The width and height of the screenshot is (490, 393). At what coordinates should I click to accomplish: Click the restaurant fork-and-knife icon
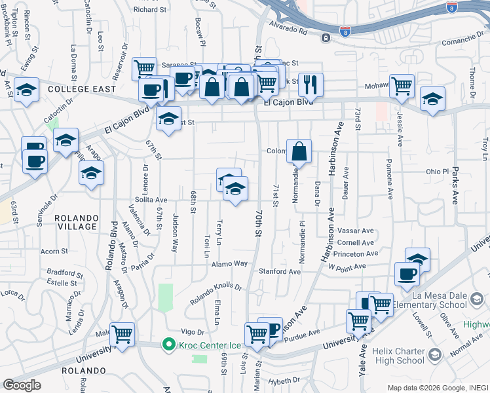pyautogui.click(x=311, y=84)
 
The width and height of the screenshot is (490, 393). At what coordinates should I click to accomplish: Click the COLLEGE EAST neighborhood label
pyautogui.click(x=82, y=89)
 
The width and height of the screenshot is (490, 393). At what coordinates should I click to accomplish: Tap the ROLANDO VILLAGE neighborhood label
pyautogui.click(x=76, y=222)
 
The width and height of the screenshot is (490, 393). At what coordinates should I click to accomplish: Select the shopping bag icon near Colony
pyautogui.click(x=299, y=151)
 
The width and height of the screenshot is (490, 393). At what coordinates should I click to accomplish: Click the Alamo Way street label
pyautogui.click(x=229, y=263)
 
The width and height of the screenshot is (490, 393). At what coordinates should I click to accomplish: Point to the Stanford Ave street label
pyautogui.click(x=280, y=271)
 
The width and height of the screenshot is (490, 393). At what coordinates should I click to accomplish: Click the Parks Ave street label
pyautogui.click(x=455, y=185)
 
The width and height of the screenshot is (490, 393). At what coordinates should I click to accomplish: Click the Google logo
pyautogui.click(x=22, y=384)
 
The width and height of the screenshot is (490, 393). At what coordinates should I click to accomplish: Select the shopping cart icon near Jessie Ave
pyautogui.click(x=402, y=86)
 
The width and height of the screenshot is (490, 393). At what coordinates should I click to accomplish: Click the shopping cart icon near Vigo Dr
pyautogui.click(x=122, y=334)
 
